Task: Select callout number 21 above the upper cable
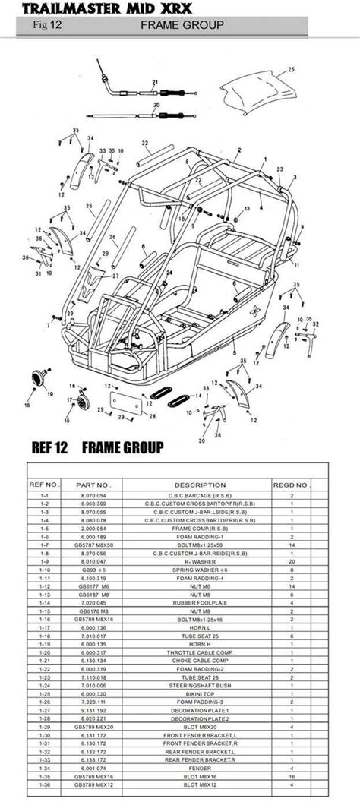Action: (x=155, y=82)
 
